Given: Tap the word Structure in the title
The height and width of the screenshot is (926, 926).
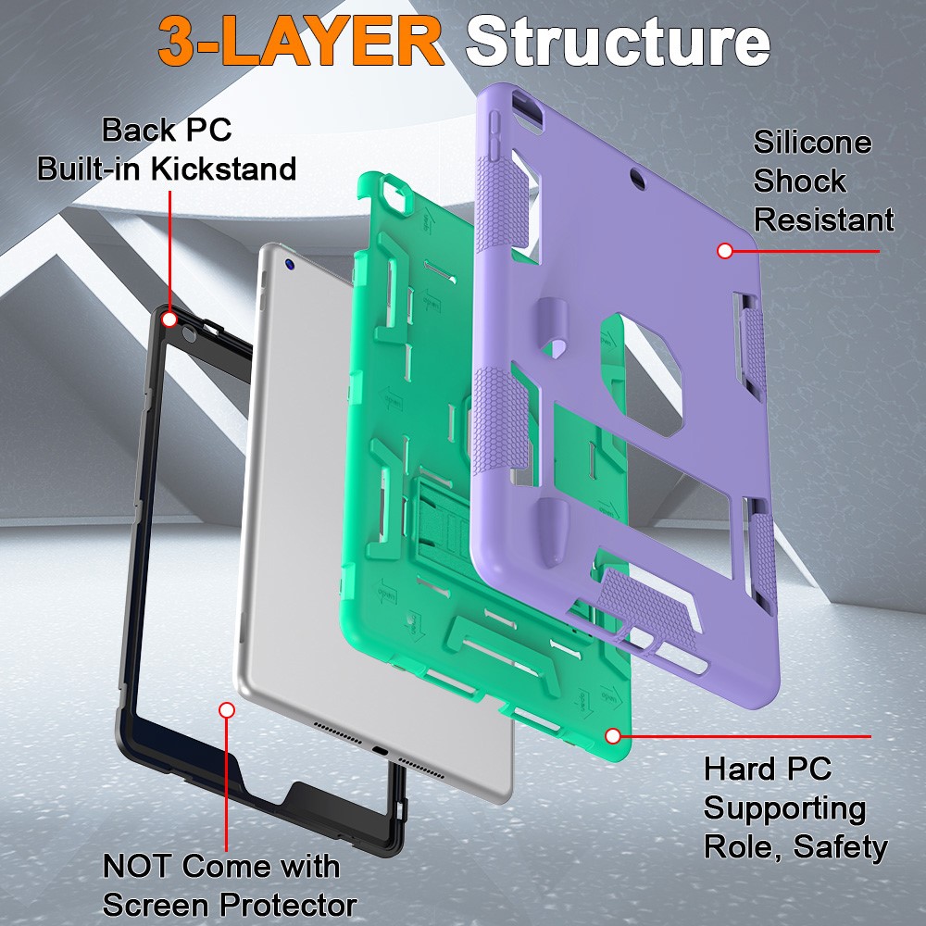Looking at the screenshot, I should [x=618, y=42].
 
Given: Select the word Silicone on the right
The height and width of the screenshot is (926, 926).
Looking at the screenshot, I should [x=812, y=142].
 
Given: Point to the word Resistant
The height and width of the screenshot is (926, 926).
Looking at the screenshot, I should [x=823, y=219].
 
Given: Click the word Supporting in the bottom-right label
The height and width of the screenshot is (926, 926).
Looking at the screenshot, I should [x=784, y=807].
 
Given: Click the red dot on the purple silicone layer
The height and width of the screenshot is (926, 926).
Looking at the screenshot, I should [x=725, y=250].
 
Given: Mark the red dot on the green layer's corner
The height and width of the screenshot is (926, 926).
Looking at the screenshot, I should [x=612, y=735].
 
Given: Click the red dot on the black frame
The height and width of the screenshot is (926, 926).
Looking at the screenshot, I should [x=169, y=319].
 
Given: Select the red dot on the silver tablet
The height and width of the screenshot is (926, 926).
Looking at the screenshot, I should [x=226, y=710].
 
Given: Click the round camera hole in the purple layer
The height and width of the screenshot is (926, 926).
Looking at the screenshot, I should [x=635, y=173].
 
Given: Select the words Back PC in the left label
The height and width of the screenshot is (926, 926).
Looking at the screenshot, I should [x=167, y=130].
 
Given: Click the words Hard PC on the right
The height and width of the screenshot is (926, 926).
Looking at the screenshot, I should [x=768, y=769].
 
